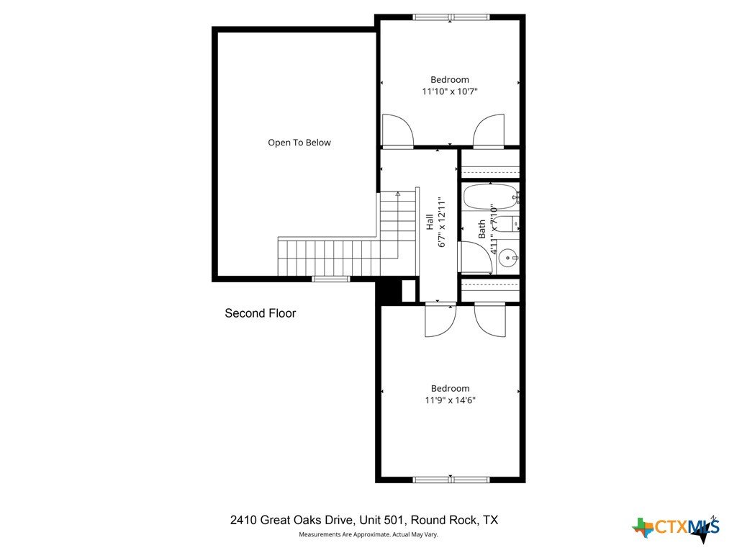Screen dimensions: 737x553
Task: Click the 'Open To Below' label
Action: [299, 143]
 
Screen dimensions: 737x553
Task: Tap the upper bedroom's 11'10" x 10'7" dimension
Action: [450, 91]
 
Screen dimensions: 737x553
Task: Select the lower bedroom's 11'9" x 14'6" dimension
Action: [451, 400]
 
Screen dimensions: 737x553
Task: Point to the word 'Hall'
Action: [430, 222]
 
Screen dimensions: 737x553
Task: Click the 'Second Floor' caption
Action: [261, 313]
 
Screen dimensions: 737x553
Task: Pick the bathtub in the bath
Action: [490, 197]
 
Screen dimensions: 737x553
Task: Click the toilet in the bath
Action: [507, 224]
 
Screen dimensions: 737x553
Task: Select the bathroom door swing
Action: [475, 257]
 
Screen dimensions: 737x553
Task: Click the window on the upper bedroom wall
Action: [451, 17]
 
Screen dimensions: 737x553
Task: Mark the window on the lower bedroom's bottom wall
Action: [451, 480]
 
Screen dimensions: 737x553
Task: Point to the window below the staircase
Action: [331, 279]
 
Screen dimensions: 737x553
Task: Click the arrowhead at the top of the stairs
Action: [397, 193]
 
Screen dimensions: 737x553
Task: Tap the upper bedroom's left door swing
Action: [398, 132]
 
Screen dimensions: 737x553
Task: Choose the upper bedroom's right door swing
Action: [489, 132]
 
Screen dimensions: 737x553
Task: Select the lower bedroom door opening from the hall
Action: [440, 320]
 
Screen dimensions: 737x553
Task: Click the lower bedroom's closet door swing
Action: [489, 320]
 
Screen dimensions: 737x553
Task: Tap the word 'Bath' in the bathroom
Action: [481, 229]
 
